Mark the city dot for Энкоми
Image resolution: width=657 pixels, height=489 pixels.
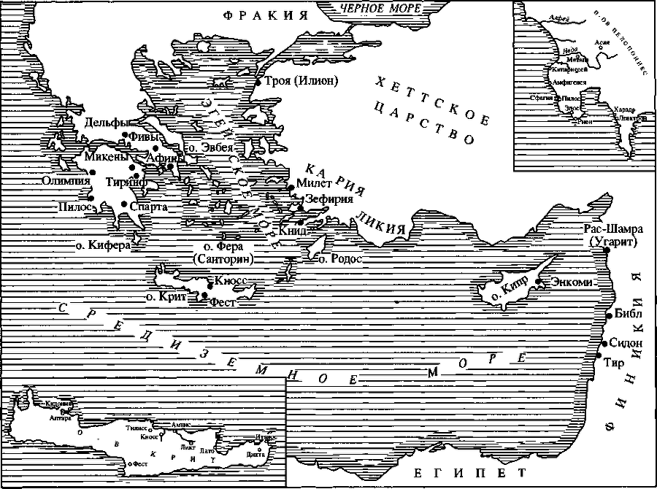(x=539, y=281)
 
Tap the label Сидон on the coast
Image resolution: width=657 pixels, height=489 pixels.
(x=626, y=342)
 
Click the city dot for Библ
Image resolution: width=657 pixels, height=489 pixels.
(x=608, y=315)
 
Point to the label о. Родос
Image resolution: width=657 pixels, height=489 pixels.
(x=337, y=258)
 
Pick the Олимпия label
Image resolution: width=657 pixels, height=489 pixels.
(x=66, y=180)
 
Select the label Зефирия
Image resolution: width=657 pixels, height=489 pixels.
(x=329, y=199)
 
